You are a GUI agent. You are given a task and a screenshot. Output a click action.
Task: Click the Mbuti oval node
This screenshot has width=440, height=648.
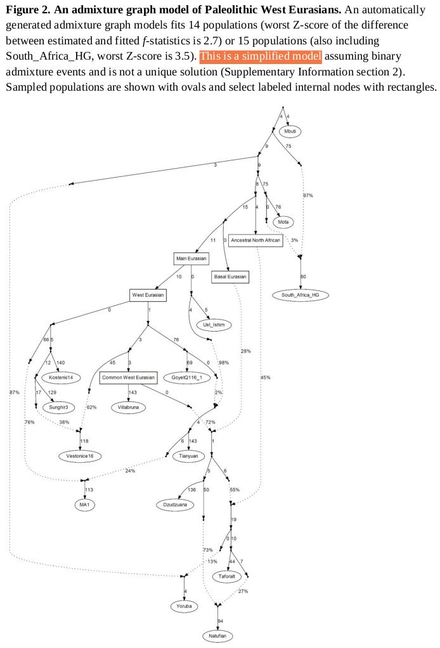point(290,131)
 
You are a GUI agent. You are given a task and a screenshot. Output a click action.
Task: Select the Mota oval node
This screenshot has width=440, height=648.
point(283,221)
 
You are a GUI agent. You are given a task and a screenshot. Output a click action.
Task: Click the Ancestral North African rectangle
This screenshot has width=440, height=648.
point(256,241)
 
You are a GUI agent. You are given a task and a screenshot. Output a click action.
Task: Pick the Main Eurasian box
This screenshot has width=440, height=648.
point(191,259)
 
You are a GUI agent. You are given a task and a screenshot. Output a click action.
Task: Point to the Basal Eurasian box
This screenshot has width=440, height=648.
point(230,276)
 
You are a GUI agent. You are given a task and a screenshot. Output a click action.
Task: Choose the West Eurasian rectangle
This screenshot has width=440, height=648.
point(148,295)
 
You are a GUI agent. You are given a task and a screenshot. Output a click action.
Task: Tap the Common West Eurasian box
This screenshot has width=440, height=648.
point(128,378)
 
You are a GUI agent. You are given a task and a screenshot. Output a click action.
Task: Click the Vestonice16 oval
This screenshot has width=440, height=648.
point(80,455)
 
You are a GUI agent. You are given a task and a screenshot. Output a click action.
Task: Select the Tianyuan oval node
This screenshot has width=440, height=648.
point(186,455)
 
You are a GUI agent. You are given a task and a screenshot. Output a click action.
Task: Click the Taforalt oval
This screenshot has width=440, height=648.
point(228,576)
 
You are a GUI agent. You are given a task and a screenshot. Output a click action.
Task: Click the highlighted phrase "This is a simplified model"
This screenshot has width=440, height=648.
point(261,56)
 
